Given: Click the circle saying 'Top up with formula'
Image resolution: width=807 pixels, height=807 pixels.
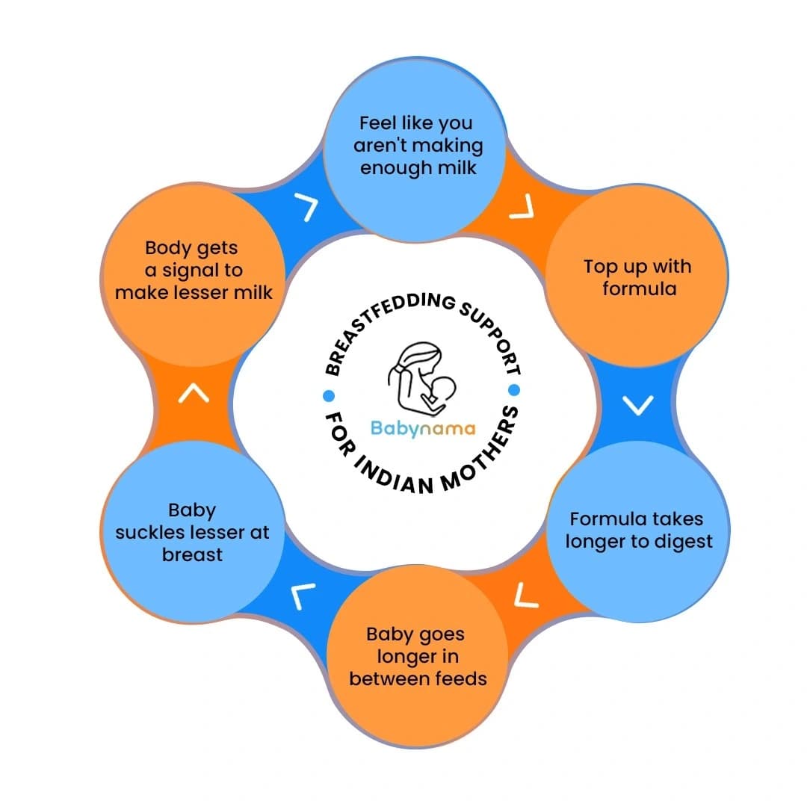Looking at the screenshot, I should pos(637,277).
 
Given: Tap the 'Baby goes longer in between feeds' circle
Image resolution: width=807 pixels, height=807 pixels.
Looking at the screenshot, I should pos(418,658).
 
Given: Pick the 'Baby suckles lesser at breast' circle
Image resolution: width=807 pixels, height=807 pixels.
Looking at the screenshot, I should pos(194,532).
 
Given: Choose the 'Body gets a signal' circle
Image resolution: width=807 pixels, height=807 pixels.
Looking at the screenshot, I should pos(194,269).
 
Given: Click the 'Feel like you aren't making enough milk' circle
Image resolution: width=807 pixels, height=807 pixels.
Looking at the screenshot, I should pos(418,145).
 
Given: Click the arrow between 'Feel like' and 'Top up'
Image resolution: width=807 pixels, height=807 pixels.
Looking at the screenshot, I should pos(522,208).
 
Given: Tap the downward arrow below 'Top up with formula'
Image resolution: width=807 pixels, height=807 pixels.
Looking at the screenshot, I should pos(637,404).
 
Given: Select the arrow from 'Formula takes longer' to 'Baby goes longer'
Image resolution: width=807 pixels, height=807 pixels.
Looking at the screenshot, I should pos(527,594).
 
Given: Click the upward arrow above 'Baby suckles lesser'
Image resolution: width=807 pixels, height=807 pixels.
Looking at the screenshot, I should pos(194,393).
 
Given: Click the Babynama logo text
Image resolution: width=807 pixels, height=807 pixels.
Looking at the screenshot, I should pos(423,429).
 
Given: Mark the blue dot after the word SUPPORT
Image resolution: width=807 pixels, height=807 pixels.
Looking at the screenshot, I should pos(513,389).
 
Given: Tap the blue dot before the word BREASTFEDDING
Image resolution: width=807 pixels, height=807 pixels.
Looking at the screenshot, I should pos(327,395).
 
